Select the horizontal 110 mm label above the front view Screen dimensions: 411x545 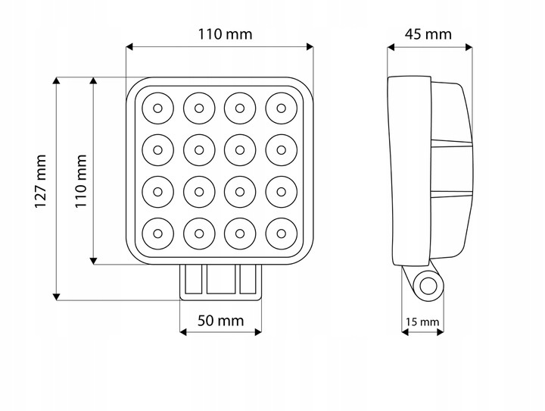[x=225, y=34]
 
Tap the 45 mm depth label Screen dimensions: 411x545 [x=428, y=34]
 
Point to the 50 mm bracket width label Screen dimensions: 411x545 [x=220, y=320]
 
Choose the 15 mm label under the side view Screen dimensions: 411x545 [x=422, y=322]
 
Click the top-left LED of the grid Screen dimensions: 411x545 [x=157, y=108]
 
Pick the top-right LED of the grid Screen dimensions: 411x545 [x=281, y=108]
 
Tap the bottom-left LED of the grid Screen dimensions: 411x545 [x=157, y=231]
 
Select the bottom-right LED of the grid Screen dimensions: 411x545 [x=281, y=231]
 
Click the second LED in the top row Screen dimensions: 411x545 [x=198, y=108]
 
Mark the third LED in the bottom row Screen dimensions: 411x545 [x=240, y=231]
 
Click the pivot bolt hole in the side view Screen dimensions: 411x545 [x=428, y=286]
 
